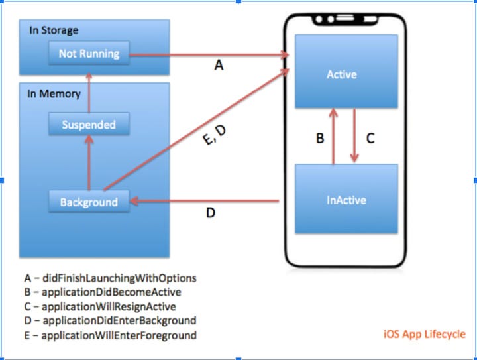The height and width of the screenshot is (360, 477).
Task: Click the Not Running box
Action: click(x=89, y=54)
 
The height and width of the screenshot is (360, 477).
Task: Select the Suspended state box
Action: click(x=88, y=125)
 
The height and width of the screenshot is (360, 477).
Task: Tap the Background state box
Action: click(x=89, y=202)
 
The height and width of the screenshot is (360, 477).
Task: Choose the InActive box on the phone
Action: click(x=346, y=199)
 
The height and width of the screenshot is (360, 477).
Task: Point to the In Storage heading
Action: click(x=54, y=30)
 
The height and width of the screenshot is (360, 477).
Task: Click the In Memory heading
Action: click(x=54, y=93)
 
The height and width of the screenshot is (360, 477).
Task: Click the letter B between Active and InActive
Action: click(x=320, y=139)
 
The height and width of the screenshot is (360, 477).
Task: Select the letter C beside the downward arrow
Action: click(x=370, y=139)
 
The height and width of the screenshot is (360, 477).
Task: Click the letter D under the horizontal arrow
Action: click(x=210, y=214)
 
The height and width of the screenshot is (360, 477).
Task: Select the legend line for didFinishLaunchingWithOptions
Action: click(x=110, y=278)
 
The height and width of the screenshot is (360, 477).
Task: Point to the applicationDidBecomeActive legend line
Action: click(x=102, y=292)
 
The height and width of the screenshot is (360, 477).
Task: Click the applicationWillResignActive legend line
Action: click(x=100, y=306)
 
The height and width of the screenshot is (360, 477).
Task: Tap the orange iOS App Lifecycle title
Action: click(x=424, y=334)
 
